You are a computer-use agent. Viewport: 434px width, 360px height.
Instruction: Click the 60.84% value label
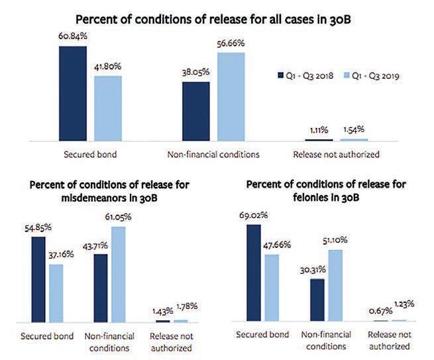point(72,37)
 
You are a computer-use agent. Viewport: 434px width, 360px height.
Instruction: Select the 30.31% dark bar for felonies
point(317,300)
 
